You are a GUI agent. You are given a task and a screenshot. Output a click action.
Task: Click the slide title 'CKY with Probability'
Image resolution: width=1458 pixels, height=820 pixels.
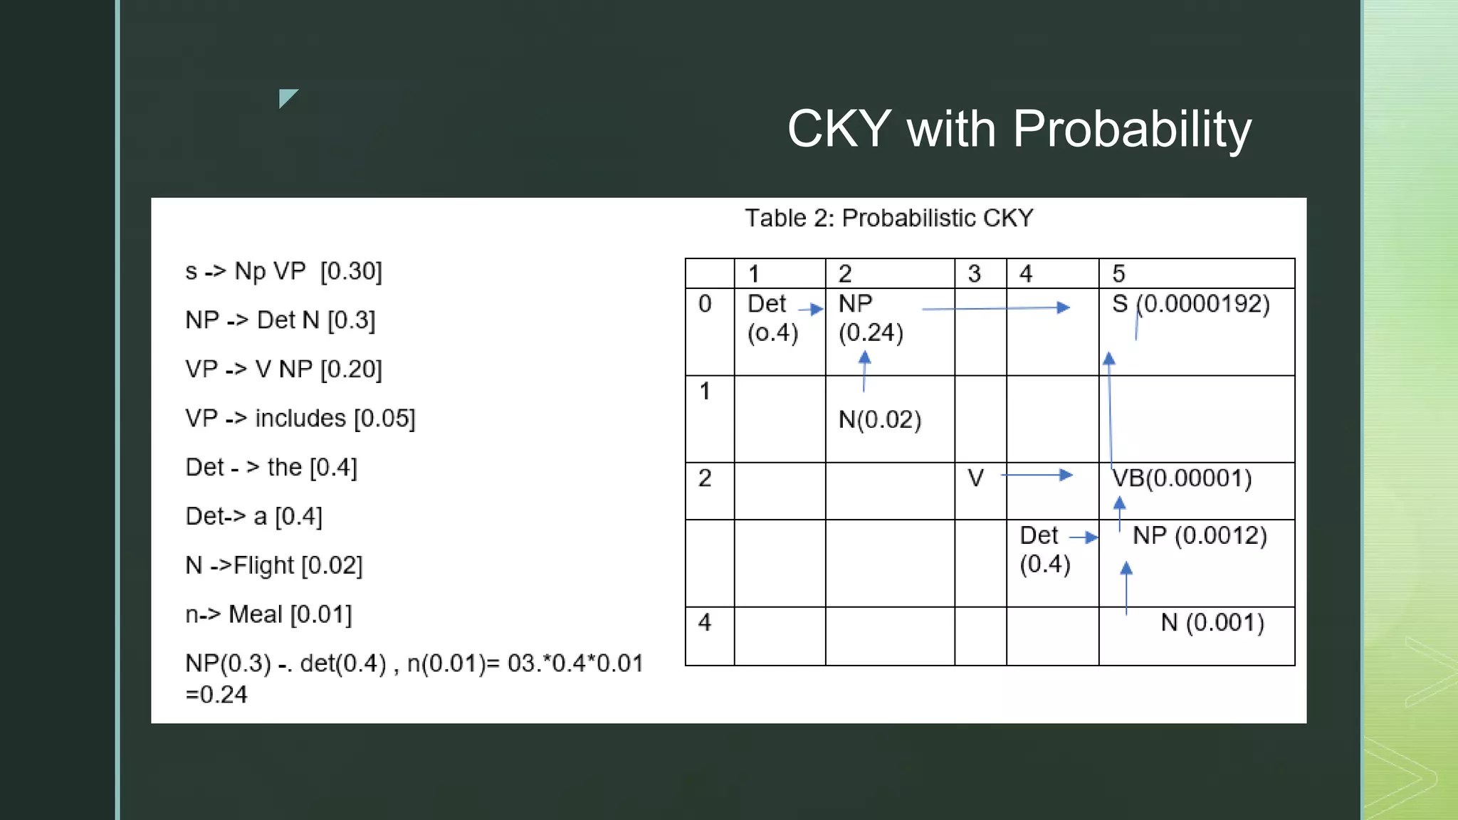(x=1019, y=129)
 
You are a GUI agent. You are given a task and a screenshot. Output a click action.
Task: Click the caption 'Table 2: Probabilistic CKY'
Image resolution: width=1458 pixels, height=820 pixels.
(x=888, y=218)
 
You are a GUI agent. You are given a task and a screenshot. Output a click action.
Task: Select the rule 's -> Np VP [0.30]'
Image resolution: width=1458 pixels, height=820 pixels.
(x=283, y=271)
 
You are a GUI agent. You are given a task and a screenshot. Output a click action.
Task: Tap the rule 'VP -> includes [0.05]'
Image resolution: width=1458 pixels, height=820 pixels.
(x=300, y=419)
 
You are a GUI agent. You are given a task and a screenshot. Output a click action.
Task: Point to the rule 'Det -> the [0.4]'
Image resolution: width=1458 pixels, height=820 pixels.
(x=271, y=468)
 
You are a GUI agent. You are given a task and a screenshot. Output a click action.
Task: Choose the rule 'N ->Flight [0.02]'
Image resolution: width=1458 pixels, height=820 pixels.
(x=274, y=566)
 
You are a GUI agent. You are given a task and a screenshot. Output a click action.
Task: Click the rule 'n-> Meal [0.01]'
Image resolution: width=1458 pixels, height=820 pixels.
(x=268, y=614)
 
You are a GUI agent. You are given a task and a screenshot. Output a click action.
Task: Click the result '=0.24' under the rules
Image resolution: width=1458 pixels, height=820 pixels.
(x=216, y=695)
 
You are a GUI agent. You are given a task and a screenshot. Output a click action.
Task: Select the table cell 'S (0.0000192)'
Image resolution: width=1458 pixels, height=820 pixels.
(x=1190, y=305)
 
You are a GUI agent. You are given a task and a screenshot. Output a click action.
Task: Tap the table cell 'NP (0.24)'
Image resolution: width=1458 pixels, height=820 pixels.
(x=870, y=318)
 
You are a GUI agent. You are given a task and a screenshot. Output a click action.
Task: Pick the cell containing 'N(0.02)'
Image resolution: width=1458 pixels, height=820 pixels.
(x=880, y=420)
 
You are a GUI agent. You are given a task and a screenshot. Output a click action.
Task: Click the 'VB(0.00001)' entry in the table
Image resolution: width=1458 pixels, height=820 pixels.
(x=1182, y=478)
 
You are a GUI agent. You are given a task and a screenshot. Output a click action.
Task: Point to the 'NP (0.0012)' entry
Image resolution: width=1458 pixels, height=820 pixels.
(x=1200, y=536)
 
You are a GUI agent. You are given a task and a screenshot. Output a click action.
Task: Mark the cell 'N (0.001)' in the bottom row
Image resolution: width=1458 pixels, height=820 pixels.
(x=1212, y=623)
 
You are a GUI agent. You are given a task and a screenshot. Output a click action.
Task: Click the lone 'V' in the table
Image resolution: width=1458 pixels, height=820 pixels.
(x=975, y=478)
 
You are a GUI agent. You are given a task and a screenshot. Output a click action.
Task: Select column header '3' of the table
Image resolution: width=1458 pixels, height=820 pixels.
(x=974, y=274)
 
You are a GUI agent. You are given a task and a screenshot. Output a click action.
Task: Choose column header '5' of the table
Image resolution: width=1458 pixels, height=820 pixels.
(x=1118, y=274)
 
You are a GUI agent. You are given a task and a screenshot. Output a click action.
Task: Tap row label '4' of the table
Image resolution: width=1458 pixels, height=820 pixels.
(x=705, y=623)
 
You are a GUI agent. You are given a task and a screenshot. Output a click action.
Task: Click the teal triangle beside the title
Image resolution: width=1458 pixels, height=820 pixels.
(x=286, y=97)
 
